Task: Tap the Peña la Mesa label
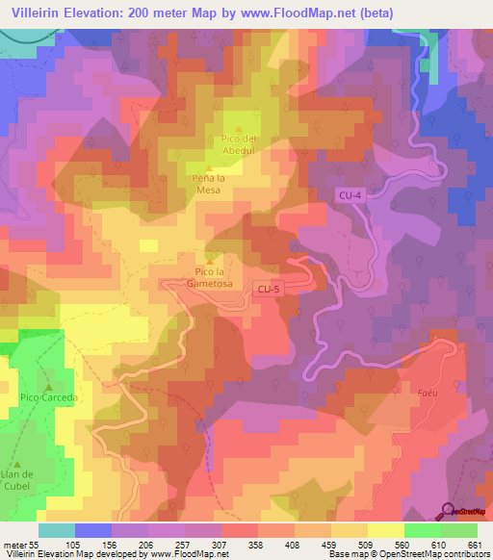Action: tap(209, 185)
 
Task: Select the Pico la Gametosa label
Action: tap(210, 274)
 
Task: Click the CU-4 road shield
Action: tap(349, 195)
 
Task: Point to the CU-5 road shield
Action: tap(269, 288)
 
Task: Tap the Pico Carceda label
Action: tap(47, 396)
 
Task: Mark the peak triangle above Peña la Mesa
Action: tap(209, 168)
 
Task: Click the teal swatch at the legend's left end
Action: tap(57, 530)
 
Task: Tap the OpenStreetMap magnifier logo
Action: tap(449, 511)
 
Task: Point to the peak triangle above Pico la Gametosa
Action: tap(210, 257)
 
